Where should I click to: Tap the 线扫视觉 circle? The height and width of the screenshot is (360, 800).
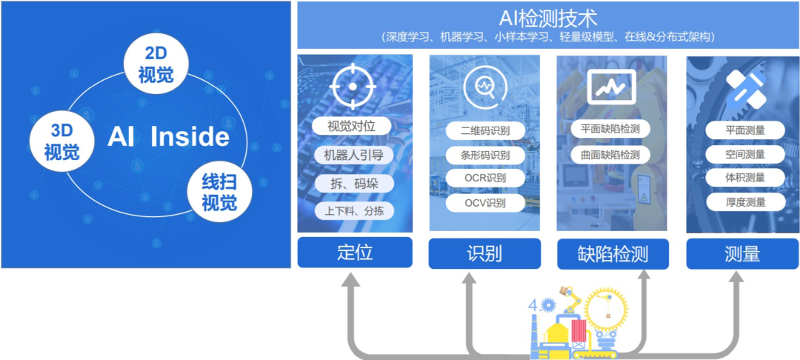219,191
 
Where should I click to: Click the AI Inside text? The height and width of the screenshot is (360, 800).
168,137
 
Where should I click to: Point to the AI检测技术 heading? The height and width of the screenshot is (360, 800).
548,19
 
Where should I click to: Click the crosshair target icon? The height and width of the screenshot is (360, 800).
353,86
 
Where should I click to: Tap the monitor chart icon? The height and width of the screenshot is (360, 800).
610,85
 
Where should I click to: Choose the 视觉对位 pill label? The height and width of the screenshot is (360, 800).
352,126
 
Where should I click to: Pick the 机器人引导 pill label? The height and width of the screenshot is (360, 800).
352,155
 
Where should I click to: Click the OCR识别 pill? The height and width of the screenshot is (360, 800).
485,178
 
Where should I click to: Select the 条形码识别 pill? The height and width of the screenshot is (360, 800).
485,155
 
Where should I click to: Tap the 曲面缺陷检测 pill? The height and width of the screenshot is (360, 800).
610,154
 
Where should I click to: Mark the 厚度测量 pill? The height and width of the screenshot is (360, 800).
745,202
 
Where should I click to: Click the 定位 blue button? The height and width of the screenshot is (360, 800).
355,253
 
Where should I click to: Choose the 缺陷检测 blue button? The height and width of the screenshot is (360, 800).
613,254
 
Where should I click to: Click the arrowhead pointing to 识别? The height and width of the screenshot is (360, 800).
471,280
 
